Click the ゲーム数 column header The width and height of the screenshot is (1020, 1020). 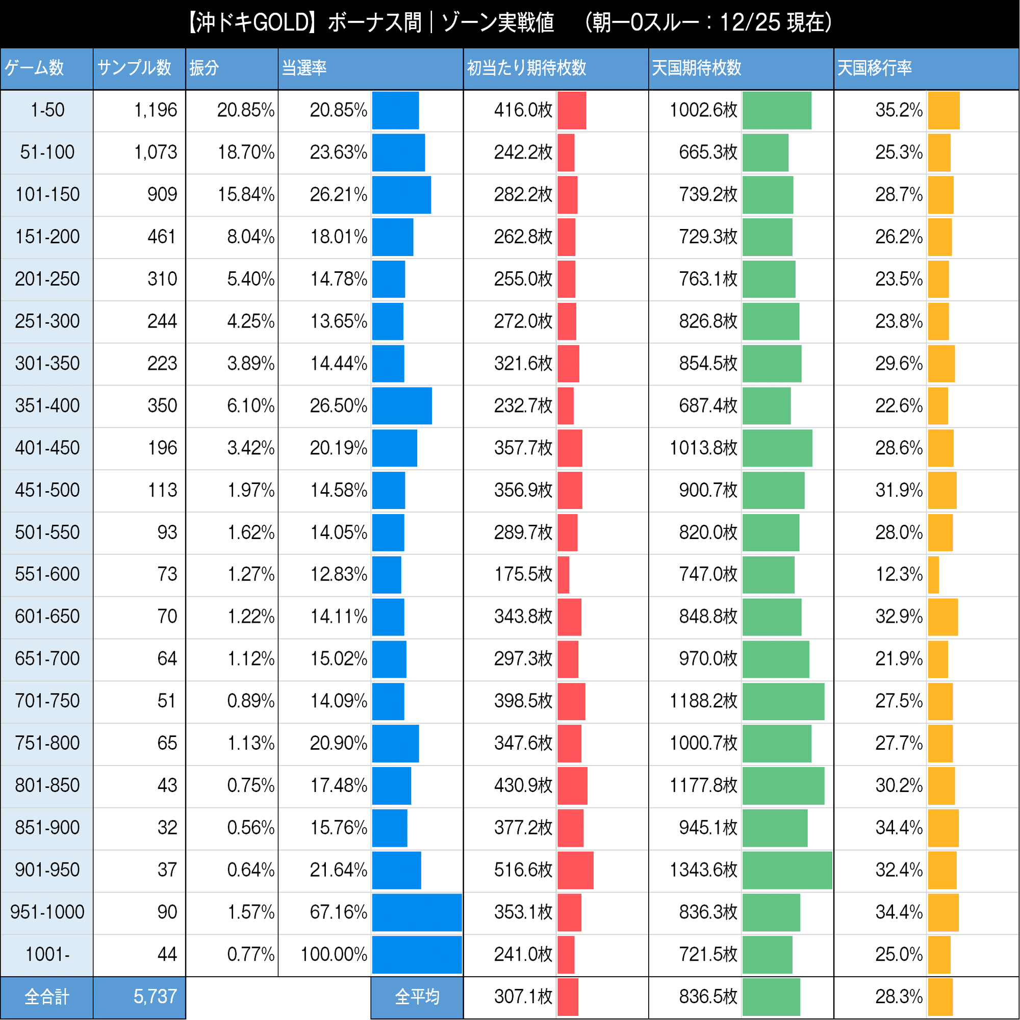(x=34, y=68)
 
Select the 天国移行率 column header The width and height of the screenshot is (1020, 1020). (x=874, y=68)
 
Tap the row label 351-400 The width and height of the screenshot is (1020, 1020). (x=47, y=406)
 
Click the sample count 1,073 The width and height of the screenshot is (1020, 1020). (x=155, y=152)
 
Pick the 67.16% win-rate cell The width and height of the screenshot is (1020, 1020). (x=338, y=912)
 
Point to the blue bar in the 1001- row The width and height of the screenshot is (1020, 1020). (x=417, y=955)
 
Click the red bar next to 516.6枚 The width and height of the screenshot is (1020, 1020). (x=575, y=870)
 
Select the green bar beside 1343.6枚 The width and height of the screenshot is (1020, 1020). (x=786, y=870)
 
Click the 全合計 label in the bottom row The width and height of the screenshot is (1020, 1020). (x=46, y=997)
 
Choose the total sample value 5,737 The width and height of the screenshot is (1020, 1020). (x=155, y=997)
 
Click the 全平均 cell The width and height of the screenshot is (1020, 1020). (x=417, y=997)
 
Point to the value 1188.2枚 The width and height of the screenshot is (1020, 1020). (x=703, y=701)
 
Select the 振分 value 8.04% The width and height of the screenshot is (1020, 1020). (x=250, y=237)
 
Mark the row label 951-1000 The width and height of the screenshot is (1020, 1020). (x=47, y=912)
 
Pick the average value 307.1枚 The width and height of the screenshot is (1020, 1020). (x=523, y=997)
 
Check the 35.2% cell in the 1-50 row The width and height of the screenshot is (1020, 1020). (x=899, y=110)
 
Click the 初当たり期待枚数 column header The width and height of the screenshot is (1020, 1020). (x=526, y=68)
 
